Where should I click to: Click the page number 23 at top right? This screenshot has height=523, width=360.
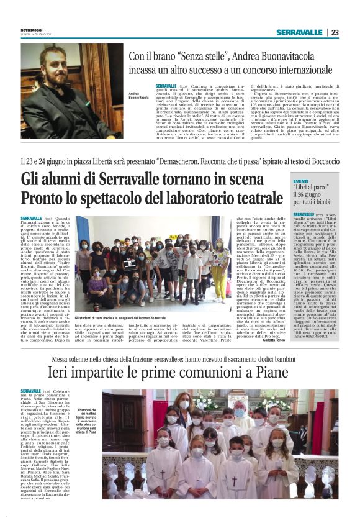[335, 32]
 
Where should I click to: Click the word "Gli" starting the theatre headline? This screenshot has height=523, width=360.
[33, 180]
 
